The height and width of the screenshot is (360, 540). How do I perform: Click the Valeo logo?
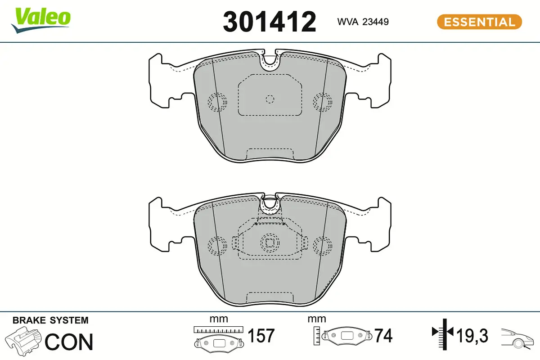coord(41,20)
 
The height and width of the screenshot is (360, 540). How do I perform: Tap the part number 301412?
coord(269,22)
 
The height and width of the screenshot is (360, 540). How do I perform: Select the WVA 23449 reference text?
coord(363,22)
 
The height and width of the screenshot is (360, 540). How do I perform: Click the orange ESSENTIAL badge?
coord(480,22)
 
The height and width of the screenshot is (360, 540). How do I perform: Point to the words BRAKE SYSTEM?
coord(50,320)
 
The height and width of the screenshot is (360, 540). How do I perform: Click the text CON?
coord(69,342)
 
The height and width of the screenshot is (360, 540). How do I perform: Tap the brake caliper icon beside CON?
coord(23,341)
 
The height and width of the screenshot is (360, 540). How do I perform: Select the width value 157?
coord(261,335)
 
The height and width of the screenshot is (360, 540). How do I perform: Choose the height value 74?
coord(383,335)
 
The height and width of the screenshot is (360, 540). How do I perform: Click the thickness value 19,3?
coord(472,336)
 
